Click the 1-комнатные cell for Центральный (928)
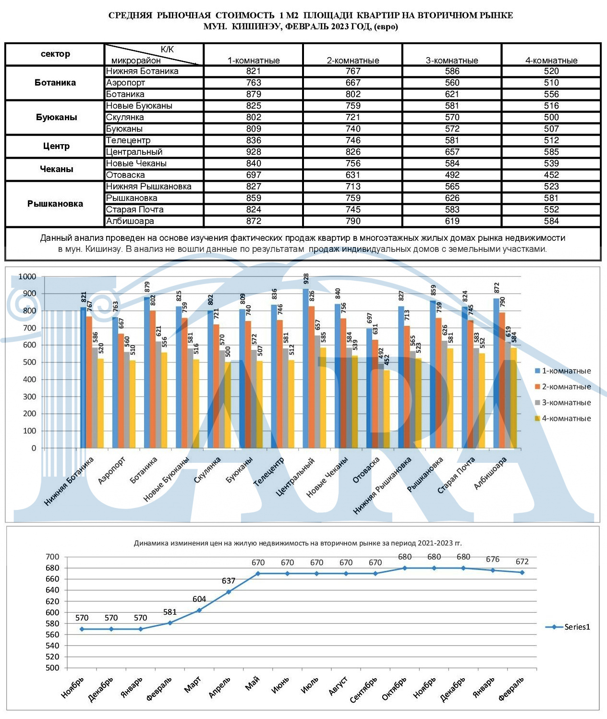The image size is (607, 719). coord(254,152)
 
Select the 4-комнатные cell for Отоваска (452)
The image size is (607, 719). coord(551,175)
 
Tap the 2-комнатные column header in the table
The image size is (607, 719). coord(353,61)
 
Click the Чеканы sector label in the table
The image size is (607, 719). coord(57,169)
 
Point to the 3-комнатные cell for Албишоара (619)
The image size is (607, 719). coord(452,221)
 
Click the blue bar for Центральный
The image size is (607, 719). coord(305,368)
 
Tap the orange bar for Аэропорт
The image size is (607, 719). coord(121,390)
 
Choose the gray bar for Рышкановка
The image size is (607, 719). coord(445,394)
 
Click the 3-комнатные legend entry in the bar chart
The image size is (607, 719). coord(563,403)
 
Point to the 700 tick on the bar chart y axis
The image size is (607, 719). coord(30,328)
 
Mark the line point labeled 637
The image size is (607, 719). coord(229,592)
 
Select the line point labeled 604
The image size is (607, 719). coord(199,610)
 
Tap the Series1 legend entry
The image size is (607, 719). coord(568,627)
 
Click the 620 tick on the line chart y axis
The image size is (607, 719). coord(52,601)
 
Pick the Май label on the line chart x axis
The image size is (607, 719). coord(252,683)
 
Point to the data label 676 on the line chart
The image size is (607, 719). coord(493,559)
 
